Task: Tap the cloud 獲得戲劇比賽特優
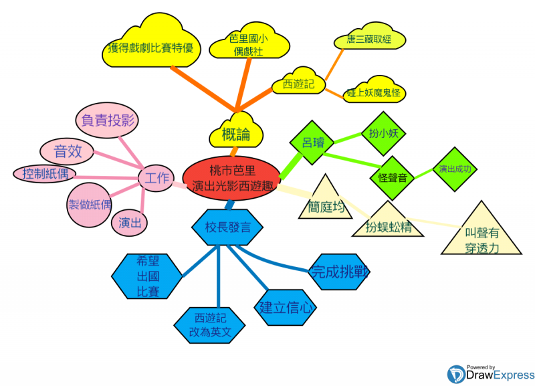click(x=151, y=48)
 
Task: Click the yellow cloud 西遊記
click(x=298, y=84)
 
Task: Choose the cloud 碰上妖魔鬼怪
click(x=373, y=92)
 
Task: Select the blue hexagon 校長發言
click(x=228, y=227)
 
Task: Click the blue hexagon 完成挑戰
click(x=339, y=271)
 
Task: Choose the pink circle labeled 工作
click(x=156, y=177)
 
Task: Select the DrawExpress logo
click(x=490, y=373)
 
